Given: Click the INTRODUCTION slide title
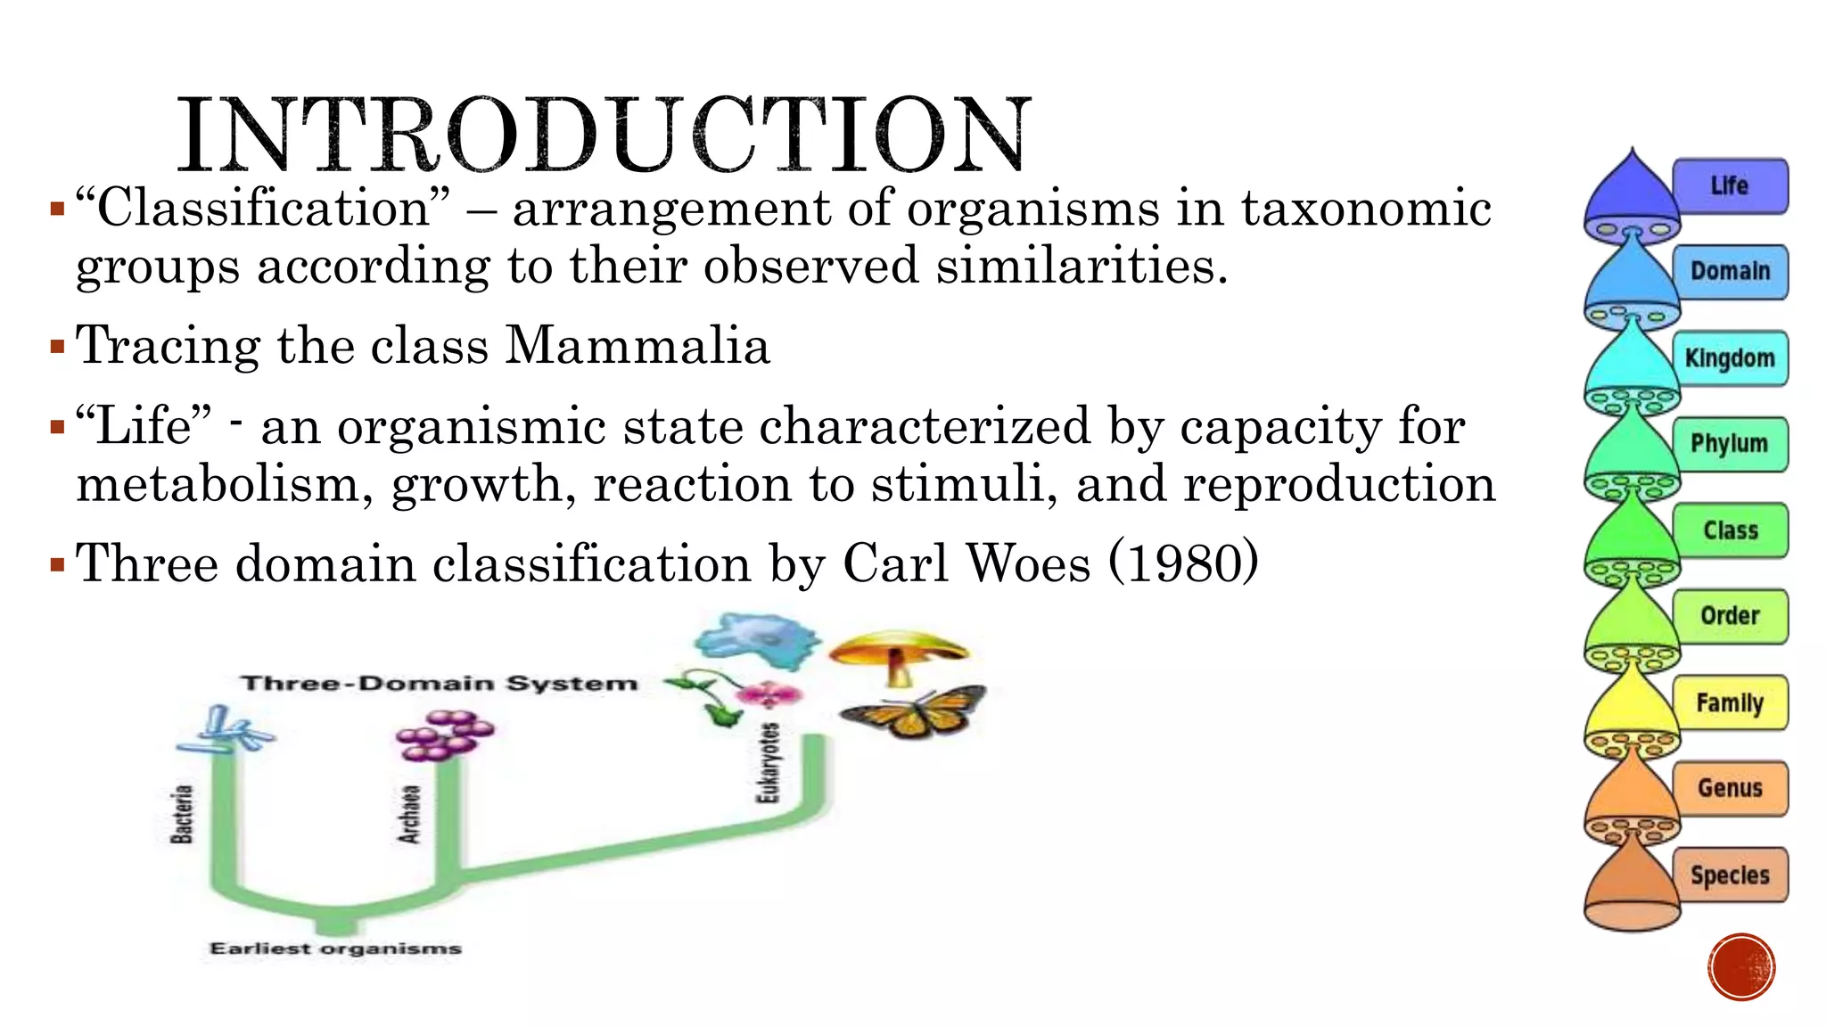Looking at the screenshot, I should point(604,135).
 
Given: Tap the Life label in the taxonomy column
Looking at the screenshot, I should point(1730,186).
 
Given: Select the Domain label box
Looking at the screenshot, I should point(1730,272).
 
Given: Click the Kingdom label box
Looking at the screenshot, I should point(1730,358).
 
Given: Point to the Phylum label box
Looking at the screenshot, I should point(1730,444).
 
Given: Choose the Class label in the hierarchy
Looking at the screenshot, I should point(1730,530).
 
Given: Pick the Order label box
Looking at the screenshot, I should point(1730,616).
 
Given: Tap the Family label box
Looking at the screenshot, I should point(1730,702).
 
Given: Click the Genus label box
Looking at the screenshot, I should point(1730,788).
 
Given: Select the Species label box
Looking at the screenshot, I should point(1730,875).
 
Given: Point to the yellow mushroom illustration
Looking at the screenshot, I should point(898,655).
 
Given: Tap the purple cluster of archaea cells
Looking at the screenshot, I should point(444,735).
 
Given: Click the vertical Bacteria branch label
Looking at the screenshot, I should point(182,813).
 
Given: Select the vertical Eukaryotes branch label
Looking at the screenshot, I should point(769,762).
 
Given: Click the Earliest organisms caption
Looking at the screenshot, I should point(335,949).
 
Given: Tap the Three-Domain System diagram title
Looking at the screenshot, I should point(440,684).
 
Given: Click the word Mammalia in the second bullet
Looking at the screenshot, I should point(637,346).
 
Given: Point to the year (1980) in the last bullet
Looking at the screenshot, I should point(1183,563).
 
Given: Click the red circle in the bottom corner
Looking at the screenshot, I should point(1742,967).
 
